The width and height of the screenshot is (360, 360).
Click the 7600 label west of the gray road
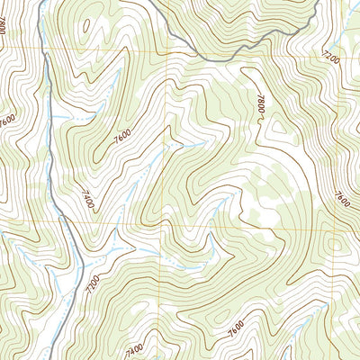point(9,120)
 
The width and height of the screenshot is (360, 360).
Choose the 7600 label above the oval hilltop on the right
point(340,197)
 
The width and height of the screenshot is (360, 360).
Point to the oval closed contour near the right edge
point(337,243)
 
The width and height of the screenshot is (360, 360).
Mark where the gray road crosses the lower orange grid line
point(65,222)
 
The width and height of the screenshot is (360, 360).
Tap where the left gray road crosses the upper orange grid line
point(42,47)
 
